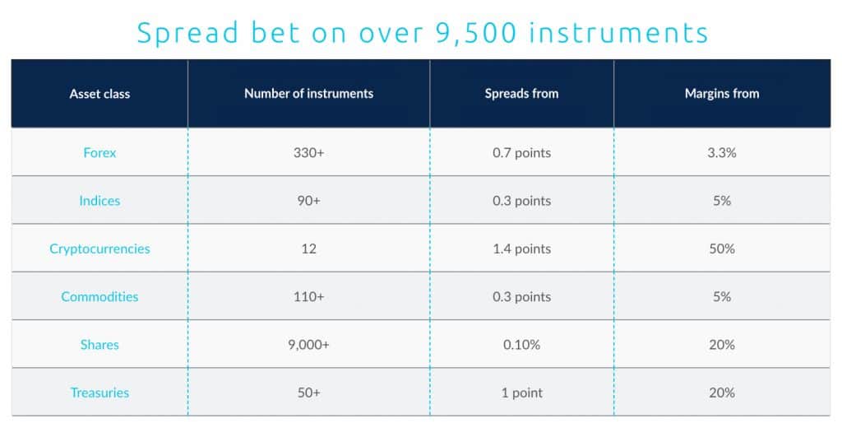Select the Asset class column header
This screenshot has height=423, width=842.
[x=99, y=94]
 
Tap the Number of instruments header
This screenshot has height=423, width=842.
[x=308, y=94]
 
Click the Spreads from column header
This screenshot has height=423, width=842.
[x=521, y=94]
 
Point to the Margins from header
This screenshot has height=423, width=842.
[x=721, y=94]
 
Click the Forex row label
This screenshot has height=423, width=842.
[x=99, y=153]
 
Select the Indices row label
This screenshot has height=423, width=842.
[x=99, y=201]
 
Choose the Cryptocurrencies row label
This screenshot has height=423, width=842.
[x=99, y=249]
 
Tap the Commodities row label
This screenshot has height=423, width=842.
[x=99, y=296]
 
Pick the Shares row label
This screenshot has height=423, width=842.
[x=99, y=345]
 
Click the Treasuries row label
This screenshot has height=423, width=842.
[x=99, y=393]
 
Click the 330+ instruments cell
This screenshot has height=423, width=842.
[x=308, y=153]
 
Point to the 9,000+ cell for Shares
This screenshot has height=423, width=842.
[x=308, y=345]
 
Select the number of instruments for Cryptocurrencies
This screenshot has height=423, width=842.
[x=308, y=249]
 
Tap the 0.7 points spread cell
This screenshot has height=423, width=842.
[x=521, y=153]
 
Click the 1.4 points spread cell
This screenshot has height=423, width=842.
[x=521, y=249]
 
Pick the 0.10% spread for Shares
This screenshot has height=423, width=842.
[x=521, y=345]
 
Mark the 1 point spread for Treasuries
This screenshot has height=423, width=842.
[x=521, y=393]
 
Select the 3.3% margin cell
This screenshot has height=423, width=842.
[x=721, y=153]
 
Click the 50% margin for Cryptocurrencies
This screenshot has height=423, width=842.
[x=721, y=249]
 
